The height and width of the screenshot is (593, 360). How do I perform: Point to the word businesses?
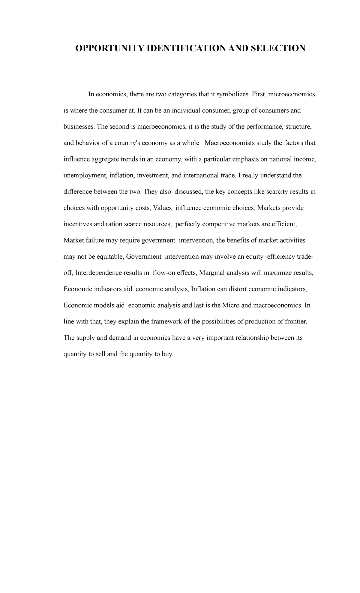79,127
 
